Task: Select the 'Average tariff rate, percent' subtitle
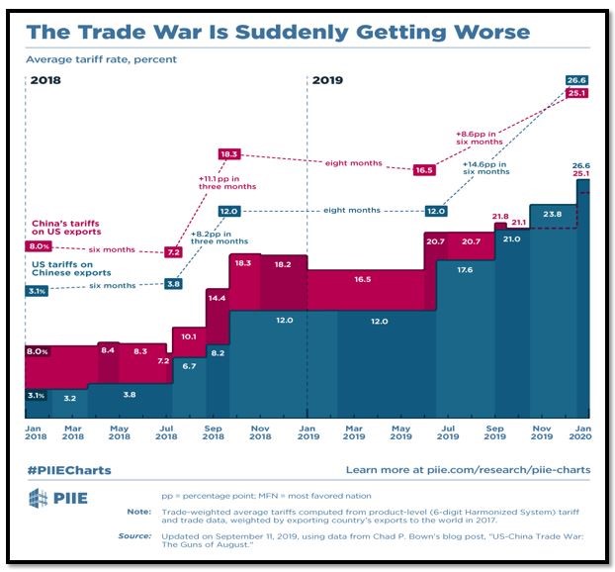point(102,60)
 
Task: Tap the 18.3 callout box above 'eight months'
point(229,155)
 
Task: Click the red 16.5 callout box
point(424,170)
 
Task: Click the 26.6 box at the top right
point(577,79)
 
